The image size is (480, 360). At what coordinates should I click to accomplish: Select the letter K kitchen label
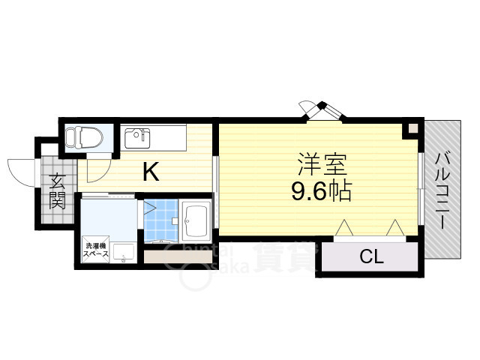click(150, 173)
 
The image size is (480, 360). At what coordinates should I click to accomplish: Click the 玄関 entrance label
click(58, 190)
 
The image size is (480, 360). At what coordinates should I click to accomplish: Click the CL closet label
click(371, 257)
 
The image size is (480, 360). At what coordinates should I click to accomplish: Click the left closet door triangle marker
click(344, 227)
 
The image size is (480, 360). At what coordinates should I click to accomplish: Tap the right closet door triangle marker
click(396, 227)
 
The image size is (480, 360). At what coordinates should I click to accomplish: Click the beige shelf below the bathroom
click(177, 256)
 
